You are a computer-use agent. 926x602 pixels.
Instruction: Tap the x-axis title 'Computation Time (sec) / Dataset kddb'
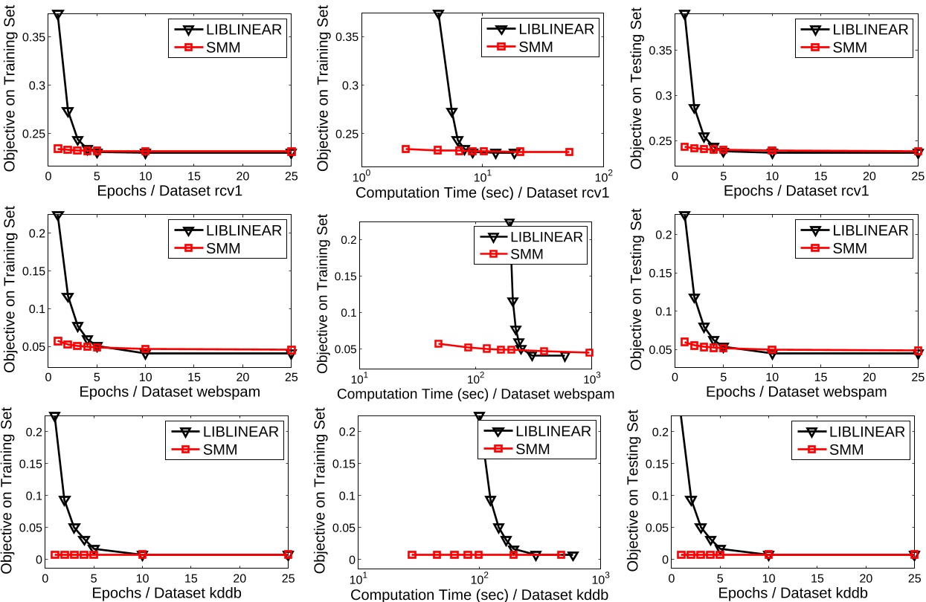click(479, 595)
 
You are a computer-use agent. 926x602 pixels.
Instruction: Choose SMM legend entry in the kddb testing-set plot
click(847, 449)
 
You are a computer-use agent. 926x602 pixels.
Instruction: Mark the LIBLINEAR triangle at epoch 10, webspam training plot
click(145, 354)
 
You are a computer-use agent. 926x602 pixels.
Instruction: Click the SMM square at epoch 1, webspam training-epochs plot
click(58, 341)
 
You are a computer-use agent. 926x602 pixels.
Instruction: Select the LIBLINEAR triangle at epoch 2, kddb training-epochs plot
click(65, 501)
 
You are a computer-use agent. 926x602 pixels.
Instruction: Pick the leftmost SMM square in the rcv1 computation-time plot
click(406, 149)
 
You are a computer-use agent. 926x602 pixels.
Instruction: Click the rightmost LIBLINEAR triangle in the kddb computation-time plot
click(573, 555)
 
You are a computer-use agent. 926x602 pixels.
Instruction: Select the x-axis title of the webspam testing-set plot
click(795, 392)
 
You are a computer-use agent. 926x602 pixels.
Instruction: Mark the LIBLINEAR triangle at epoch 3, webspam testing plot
click(704, 328)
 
